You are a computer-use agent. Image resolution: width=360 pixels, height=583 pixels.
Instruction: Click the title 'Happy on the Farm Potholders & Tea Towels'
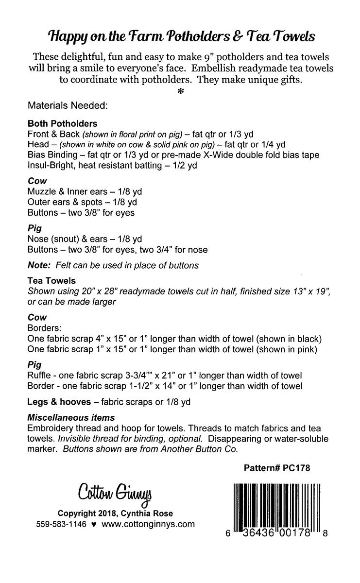180,35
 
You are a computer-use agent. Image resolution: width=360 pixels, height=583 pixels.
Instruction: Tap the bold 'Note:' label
40,265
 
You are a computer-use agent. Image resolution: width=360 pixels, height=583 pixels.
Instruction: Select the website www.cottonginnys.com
149,524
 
